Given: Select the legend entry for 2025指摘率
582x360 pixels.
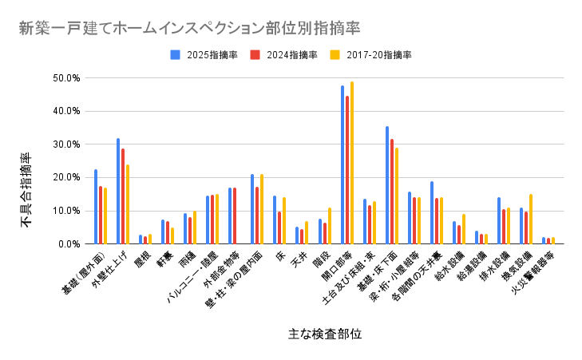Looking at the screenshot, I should click(203, 55).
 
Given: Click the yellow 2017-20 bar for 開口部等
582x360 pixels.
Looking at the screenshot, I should click(352, 163).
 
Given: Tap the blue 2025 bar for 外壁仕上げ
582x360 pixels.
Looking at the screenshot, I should click(118, 192).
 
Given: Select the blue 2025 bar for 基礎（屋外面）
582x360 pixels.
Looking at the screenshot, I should click(96, 207).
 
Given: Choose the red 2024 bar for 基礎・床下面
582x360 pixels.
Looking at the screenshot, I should click(392, 192).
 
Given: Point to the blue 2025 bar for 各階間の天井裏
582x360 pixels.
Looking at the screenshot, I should click(432, 212).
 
